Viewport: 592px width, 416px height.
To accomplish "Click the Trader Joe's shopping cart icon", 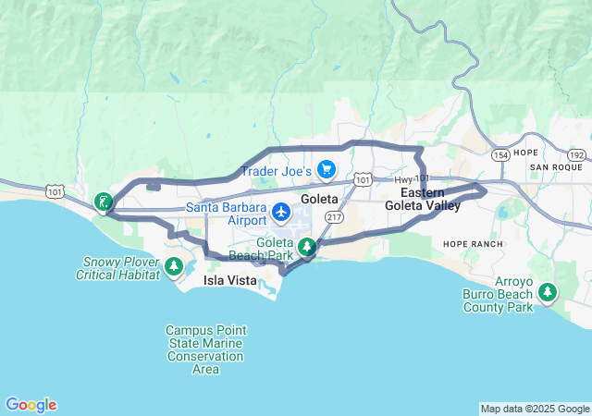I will [326, 169].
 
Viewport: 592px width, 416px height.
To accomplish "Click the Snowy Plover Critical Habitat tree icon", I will [173, 267].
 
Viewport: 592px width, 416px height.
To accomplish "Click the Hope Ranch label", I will [473, 244].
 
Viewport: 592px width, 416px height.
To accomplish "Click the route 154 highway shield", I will [501, 153].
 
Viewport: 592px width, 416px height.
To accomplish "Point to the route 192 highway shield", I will [577, 156].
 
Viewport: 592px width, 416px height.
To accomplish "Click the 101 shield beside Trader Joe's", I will [363, 178].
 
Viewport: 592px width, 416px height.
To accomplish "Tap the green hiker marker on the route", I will [103, 202].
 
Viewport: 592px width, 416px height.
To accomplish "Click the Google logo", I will [31, 405].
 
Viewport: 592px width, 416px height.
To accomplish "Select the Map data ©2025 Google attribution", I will [534, 409].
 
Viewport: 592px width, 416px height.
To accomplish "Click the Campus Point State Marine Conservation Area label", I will [205, 349].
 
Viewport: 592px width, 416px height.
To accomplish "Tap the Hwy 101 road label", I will [413, 179].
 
